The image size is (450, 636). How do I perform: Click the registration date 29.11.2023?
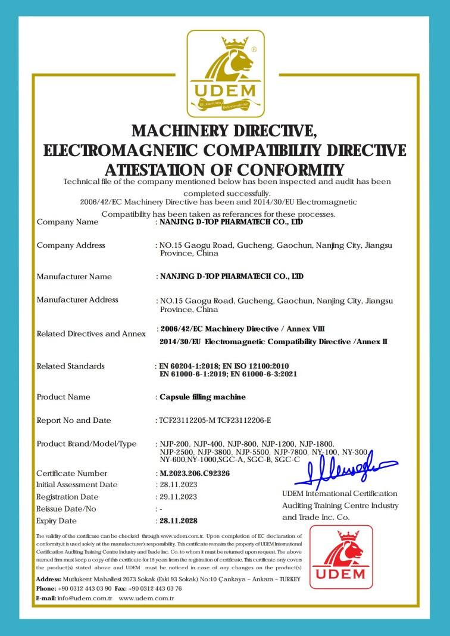[x=179, y=497]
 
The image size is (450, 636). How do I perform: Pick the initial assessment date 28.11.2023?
[x=179, y=485]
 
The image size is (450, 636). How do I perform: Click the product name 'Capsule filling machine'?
[x=202, y=397]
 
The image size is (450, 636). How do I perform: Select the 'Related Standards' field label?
[x=70, y=366]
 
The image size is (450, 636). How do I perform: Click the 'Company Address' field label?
[x=71, y=245]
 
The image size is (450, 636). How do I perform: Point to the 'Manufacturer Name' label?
[x=74, y=276]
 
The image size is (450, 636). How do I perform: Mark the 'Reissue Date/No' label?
[x=66, y=509]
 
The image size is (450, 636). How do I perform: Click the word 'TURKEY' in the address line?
[x=287, y=579]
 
